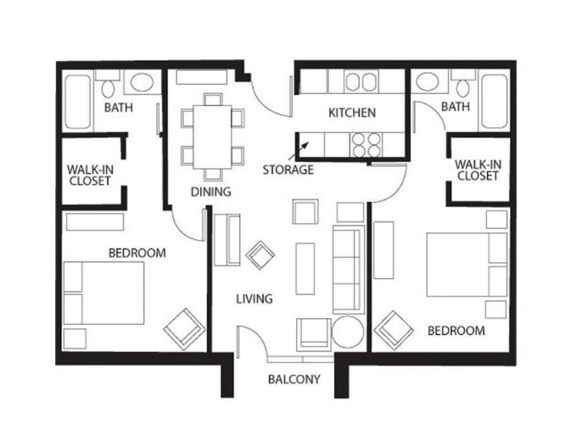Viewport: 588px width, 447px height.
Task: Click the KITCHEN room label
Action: point(352,113)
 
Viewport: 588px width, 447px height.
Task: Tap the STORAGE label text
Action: point(288,170)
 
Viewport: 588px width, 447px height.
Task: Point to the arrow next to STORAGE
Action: point(299,150)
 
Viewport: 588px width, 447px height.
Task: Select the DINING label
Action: point(210,192)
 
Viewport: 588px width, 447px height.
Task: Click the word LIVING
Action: point(255,299)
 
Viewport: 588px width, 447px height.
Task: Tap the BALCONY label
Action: point(294,379)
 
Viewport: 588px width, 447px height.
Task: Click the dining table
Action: point(212,137)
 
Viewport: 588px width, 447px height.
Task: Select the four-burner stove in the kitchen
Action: point(367,145)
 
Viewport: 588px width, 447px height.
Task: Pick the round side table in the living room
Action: point(348,332)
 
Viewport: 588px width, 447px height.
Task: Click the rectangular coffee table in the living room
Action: point(305,269)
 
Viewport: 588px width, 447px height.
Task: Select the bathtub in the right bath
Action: point(495,101)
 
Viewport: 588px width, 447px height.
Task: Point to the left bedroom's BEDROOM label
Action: point(137,253)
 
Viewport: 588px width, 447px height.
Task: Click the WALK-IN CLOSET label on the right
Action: point(478,170)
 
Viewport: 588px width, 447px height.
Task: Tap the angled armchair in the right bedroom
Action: point(394,331)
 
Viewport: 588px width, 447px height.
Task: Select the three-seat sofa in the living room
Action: point(349,270)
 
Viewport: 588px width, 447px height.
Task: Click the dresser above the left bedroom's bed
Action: point(95,221)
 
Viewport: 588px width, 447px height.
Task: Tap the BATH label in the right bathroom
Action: point(456,107)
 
